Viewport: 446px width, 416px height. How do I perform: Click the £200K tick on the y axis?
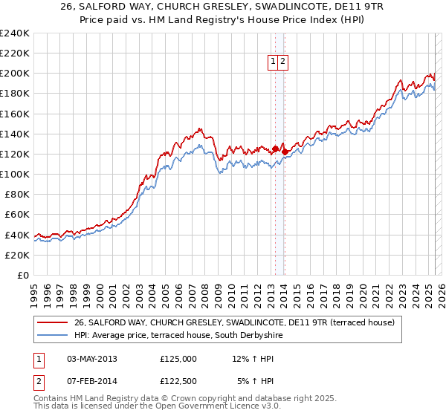coord(15,74)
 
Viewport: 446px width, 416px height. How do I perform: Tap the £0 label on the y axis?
coord(22,275)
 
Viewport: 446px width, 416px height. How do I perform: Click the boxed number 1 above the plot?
coord(274,62)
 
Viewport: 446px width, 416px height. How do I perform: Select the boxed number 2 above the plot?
coord(284,62)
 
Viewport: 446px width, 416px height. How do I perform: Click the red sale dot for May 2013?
coord(275,149)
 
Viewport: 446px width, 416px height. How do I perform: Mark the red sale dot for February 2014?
coord(285,151)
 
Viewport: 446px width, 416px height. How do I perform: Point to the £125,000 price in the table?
coord(178,358)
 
